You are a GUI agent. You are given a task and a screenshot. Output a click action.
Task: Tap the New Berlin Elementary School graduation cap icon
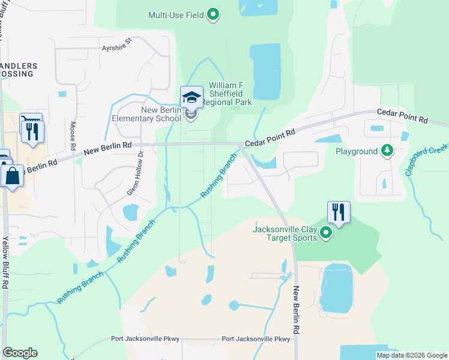click(x=191, y=97)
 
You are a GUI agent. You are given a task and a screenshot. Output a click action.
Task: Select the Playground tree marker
click(x=388, y=151)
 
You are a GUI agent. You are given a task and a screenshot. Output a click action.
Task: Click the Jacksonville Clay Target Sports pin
click(x=326, y=233)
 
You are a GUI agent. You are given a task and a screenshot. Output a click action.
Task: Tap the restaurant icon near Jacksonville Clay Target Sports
click(x=339, y=212)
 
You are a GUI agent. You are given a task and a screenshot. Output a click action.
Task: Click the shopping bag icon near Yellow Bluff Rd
click(x=11, y=176)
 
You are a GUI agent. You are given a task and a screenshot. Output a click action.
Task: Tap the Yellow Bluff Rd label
click(x=5, y=263)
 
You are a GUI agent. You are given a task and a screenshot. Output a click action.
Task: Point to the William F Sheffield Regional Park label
click(x=229, y=94)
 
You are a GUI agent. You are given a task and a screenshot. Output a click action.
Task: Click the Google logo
click(x=20, y=353)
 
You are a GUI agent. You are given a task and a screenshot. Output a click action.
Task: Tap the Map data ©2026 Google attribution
click(x=411, y=355)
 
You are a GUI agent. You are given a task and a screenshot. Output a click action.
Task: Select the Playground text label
click(x=357, y=152)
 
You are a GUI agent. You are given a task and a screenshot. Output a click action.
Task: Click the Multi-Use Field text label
click(x=175, y=14)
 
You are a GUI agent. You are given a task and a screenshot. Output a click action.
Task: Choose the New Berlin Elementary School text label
click(x=146, y=114)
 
